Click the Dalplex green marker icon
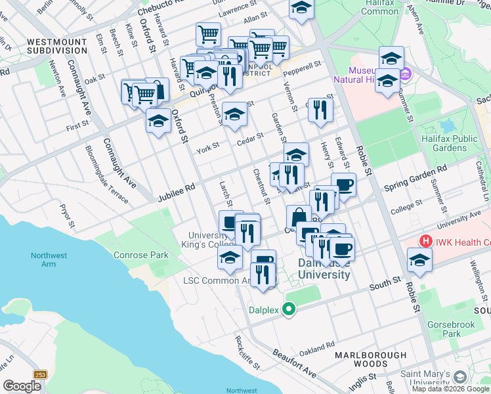point(288,311)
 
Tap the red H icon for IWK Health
point(426,242)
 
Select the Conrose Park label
point(140,255)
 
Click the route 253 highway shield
point(41,374)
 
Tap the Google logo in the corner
point(22,386)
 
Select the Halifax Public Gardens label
point(454,143)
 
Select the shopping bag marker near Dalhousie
point(299,216)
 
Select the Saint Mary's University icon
point(459,378)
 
